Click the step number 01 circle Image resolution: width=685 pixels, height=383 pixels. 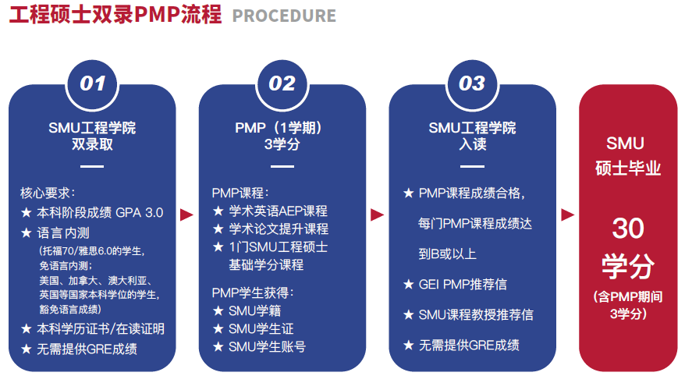click(x=92, y=83)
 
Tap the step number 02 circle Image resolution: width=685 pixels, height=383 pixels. click(x=282, y=83)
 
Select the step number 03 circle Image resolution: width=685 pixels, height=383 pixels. click(x=472, y=83)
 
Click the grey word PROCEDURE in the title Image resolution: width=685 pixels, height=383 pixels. click(x=284, y=16)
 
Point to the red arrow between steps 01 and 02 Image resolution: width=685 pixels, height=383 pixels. click(x=186, y=215)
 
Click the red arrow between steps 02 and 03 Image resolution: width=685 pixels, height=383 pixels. click(x=377, y=215)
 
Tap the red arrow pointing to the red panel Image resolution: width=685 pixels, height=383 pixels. click(x=567, y=215)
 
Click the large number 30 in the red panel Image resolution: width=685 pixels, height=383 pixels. click(x=628, y=228)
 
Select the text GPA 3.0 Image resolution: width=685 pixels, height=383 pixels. click(x=140, y=213)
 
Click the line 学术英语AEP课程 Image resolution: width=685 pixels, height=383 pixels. click(x=279, y=211)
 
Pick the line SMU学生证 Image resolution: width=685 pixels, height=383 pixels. click(x=261, y=328)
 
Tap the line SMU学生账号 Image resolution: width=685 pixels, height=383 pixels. click(x=268, y=347)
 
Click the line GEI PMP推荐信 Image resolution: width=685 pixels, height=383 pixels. click(x=463, y=284)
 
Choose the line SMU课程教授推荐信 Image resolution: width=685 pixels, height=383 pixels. click(x=476, y=314)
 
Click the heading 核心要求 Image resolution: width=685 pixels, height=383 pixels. click(x=47, y=193)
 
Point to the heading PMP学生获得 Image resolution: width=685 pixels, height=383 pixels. click(x=253, y=293)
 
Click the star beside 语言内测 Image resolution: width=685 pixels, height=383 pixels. click(x=27, y=232)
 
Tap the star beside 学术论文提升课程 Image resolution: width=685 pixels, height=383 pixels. click(x=218, y=229)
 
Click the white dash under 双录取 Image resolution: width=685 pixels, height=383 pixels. click(x=92, y=166)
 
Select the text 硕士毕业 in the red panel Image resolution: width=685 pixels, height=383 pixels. click(x=628, y=168)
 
